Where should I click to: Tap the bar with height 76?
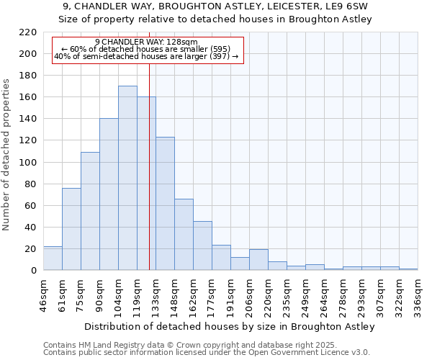tap(71, 229)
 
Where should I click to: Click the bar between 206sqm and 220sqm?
tap(258, 260)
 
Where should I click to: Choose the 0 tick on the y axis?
tap(34, 271)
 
